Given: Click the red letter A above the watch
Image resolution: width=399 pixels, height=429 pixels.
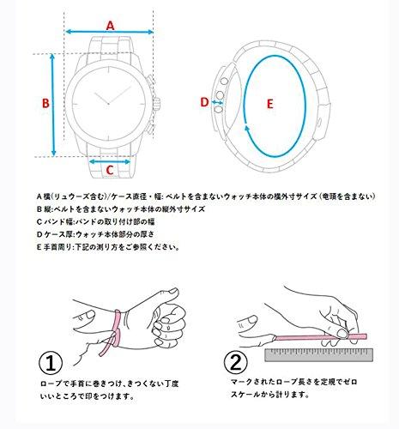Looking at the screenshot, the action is (x=110, y=26).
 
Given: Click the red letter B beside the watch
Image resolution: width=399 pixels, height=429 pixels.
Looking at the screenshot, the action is (x=45, y=103).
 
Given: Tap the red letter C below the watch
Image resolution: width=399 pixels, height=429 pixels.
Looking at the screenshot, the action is (x=110, y=170).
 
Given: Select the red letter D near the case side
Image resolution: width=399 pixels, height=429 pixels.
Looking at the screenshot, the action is (x=204, y=102).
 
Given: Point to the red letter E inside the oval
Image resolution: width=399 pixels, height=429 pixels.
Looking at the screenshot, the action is (x=269, y=104).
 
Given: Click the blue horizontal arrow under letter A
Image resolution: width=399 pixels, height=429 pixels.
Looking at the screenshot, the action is (x=110, y=32).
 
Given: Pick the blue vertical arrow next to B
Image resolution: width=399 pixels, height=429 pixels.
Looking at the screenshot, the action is (x=53, y=105).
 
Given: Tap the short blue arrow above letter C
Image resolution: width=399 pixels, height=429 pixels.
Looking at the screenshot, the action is (x=110, y=162).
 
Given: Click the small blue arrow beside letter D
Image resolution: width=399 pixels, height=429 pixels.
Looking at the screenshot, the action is (x=217, y=102).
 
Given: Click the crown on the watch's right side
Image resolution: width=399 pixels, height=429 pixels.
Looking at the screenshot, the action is (x=156, y=104).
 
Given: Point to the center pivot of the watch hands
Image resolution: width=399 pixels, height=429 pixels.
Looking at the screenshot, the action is (x=108, y=104).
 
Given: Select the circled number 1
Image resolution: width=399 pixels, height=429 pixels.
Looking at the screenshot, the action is (x=51, y=363).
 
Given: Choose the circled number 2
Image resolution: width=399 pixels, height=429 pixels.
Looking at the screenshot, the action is (x=236, y=362).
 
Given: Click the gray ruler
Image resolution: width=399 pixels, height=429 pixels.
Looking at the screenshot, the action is (x=319, y=355).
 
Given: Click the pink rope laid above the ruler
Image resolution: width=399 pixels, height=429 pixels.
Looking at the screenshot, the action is (x=320, y=337).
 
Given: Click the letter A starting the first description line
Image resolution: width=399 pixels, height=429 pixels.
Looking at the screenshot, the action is (x=39, y=196).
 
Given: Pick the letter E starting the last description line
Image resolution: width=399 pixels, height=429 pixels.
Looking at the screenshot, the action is (x=39, y=247).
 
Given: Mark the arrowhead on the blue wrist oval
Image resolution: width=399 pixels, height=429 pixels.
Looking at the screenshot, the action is (x=247, y=129).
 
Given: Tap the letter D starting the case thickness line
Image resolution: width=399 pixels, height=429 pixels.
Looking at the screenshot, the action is (x=39, y=234).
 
